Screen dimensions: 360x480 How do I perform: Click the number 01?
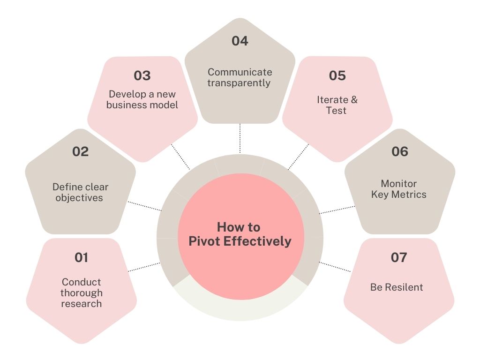coord(81,257)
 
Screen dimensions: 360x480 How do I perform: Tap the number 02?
coord(80,151)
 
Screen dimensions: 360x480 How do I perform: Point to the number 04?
coord(240,41)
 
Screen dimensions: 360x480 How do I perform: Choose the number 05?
coord(337,75)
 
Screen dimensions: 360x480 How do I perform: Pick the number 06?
coord(399,151)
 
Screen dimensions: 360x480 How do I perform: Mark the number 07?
coord(398,257)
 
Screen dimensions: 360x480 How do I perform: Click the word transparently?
coord(240,83)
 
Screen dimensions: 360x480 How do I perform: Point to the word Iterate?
coord(332,100)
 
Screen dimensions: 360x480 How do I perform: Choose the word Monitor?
coord(398,183)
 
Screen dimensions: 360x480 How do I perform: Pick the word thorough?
coord(81,293)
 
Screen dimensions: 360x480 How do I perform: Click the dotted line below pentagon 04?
coord(240,138)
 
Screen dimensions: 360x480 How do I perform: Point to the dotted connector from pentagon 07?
coord(335,267)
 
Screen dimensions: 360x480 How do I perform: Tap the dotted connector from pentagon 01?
coord(144,267)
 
